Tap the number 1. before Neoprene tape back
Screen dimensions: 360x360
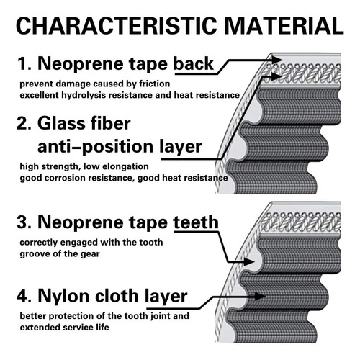pyautogui.click(x=24, y=64)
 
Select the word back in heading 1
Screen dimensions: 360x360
pyautogui.click(x=194, y=63)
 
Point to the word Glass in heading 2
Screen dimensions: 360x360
pyautogui.click(x=60, y=123)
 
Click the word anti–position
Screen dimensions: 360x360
pyautogui.click(x=95, y=148)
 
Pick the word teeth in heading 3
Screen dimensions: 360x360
pyautogui.click(x=196, y=222)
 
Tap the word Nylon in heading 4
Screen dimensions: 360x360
pyautogui.click(x=64, y=297)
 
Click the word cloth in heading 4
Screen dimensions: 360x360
pyautogui.click(x=117, y=296)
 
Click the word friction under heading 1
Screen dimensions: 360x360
pyautogui.click(x=155, y=84)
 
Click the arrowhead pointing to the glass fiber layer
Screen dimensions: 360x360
pyautogui.click(x=276, y=76)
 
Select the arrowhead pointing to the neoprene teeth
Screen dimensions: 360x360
pyautogui.click(x=249, y=261)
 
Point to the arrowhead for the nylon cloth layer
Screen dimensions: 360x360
pyautogui.click(x=260, y=296)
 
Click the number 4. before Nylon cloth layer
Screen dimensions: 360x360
pyautogui.click(x=24, y=297)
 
